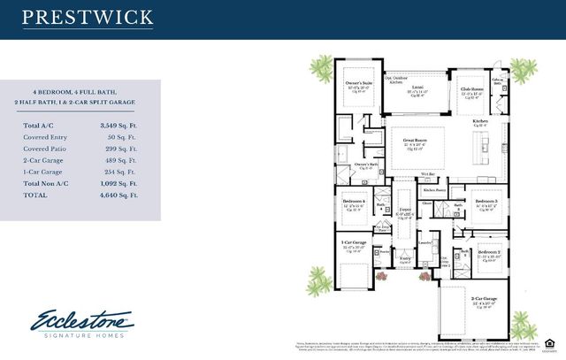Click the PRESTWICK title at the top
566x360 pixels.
click(x=87, y=17)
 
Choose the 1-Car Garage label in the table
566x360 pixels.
click(x=45, y=171)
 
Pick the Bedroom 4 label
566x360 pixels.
click(x=354, y=202)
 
